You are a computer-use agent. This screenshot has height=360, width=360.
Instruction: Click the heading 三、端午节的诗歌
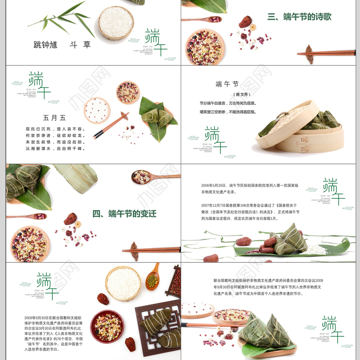coord(299,17)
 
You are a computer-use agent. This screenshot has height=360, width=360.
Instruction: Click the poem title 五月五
coord(54,118)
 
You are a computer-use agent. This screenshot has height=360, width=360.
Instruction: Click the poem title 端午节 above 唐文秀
coord(227,84)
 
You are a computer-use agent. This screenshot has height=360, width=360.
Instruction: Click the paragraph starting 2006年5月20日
coord(250,189)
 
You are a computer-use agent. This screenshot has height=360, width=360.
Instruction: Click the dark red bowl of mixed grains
coord(107,325)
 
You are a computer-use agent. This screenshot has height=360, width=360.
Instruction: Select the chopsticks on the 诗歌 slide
coord(326,53)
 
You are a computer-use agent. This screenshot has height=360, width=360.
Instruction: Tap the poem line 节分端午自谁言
coord(228,103)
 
